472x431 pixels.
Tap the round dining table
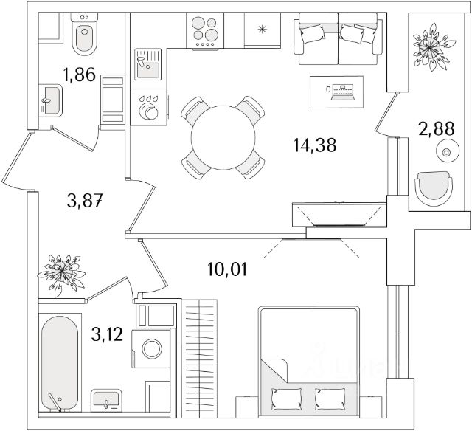223,138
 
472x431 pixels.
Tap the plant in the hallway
63,274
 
